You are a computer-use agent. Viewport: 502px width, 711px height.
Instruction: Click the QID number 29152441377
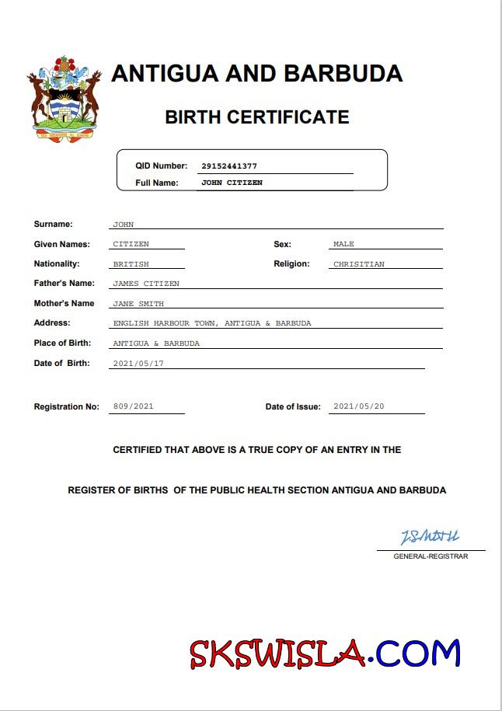(x=228, y=166)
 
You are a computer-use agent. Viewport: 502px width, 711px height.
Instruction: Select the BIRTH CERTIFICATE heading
(x=256, y=117)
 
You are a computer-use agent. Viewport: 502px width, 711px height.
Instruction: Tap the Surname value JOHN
(x=124, y=225)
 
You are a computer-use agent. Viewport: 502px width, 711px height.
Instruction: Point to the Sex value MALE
(x=343, y=244)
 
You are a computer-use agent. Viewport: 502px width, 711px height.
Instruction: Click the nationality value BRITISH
(x=131, y=264)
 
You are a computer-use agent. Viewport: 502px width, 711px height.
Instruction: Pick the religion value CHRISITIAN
(x=358, y=264)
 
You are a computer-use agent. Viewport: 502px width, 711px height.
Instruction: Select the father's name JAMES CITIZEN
(x=146, y=284)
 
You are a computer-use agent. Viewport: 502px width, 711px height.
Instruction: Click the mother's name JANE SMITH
(x=138, y=304)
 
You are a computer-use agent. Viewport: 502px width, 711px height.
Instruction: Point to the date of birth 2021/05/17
(x=138, y=364)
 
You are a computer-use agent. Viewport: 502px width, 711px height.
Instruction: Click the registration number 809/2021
(x=134, y=406)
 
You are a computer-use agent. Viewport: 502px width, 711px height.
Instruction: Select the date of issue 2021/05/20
(x=358, y=406)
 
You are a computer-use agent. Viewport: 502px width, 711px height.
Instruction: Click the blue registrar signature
(x=430, y=537)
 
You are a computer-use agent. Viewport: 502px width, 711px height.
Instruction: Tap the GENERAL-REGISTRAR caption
(x=431, y=556)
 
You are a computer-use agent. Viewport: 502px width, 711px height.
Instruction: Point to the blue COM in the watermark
(x=420, y=653)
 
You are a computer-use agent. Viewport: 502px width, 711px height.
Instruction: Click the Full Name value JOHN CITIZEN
(x=232, y=183)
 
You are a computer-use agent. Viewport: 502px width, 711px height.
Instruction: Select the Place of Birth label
(x=62, y=343)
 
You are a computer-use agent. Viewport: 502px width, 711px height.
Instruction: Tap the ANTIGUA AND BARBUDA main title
(x=256, y=73)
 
